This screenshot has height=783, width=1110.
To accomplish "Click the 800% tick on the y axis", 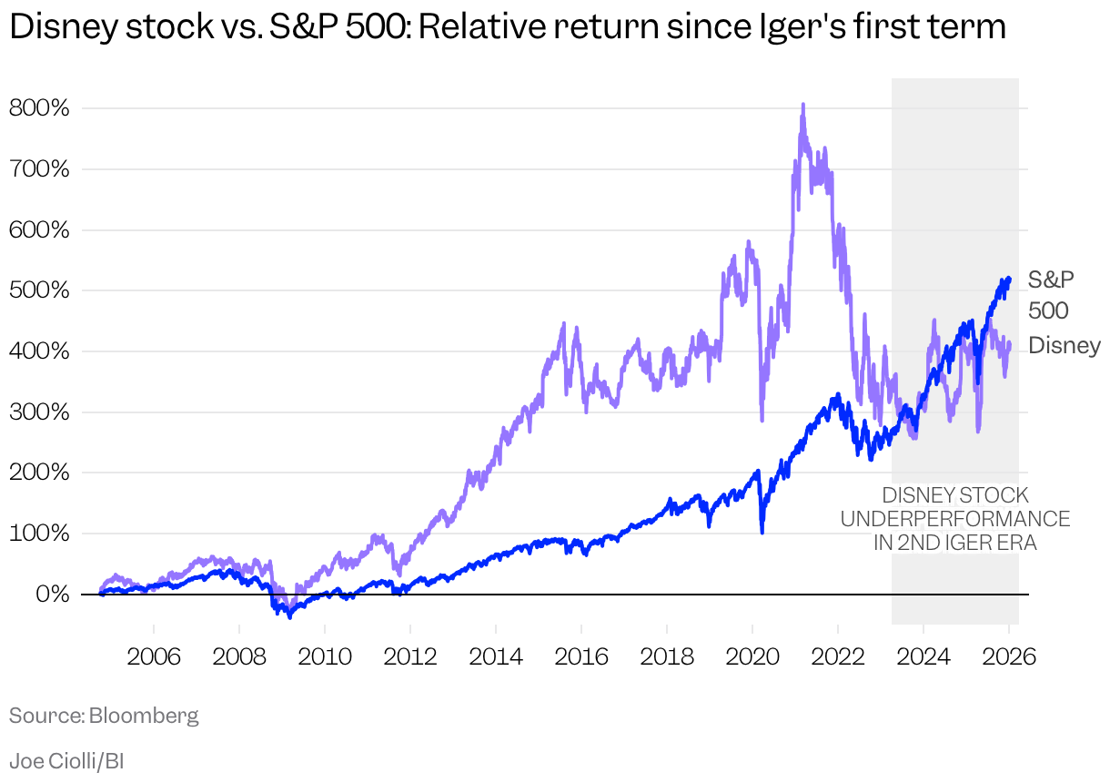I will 39,108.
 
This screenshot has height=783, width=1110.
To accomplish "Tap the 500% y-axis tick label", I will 39,290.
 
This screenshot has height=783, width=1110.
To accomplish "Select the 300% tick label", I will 39,412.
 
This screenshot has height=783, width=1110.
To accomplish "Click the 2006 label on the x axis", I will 154,657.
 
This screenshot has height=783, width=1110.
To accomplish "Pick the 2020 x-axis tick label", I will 752,657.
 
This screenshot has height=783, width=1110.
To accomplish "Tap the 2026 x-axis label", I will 1009,657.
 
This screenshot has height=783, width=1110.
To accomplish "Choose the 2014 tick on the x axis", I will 496,657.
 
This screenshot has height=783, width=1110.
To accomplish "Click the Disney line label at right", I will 1065,346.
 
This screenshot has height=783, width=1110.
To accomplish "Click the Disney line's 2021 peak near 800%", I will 802,106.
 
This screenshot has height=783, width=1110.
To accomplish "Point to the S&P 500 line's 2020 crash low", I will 762,532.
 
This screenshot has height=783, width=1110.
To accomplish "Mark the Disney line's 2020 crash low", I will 762,420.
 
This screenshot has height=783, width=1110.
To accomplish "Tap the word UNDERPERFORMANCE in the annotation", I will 954,519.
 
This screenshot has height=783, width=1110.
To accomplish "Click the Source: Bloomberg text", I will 104,716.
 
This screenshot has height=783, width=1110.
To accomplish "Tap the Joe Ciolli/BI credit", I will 66,761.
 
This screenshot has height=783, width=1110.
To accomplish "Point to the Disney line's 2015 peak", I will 564,324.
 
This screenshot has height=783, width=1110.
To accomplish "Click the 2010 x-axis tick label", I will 325,657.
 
